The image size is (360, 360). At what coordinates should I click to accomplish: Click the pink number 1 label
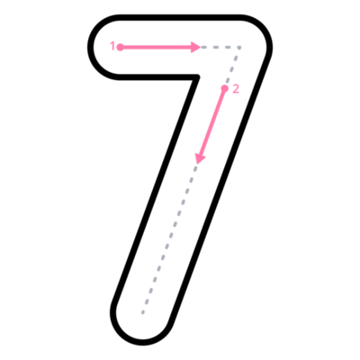(x=112, y=47)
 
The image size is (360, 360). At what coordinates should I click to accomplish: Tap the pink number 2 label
(x=236, y=89)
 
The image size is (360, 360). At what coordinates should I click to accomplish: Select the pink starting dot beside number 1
(x=120, y=47)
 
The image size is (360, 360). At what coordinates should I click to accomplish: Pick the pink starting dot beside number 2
(x=224, y=88)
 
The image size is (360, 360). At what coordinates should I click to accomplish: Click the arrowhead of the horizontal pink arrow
(x=196, y=47)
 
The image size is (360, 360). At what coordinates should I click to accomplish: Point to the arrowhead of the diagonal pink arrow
(x=200, y=158)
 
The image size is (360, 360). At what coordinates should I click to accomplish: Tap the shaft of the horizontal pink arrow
(x=156, y=47)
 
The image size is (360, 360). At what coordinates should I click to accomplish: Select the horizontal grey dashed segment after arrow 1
(x=221, y=47)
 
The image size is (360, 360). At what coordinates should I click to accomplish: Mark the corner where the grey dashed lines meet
(x=239, y=48)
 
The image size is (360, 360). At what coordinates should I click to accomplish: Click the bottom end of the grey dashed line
(x=143, y=313)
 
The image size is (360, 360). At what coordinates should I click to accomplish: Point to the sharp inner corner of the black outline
(x=198, y=76)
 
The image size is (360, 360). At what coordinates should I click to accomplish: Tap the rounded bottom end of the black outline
(x=141, y=342)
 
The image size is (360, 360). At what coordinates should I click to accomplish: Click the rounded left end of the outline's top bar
(x=91, y=47)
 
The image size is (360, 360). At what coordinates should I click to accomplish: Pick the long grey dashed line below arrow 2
(x=169, y=238)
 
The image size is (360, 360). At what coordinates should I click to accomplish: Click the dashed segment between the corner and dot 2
(x=233, y=67)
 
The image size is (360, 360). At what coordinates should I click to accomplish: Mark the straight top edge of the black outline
(x=180, y=17)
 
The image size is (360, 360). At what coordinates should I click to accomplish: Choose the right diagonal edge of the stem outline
(x=221, y=189)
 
